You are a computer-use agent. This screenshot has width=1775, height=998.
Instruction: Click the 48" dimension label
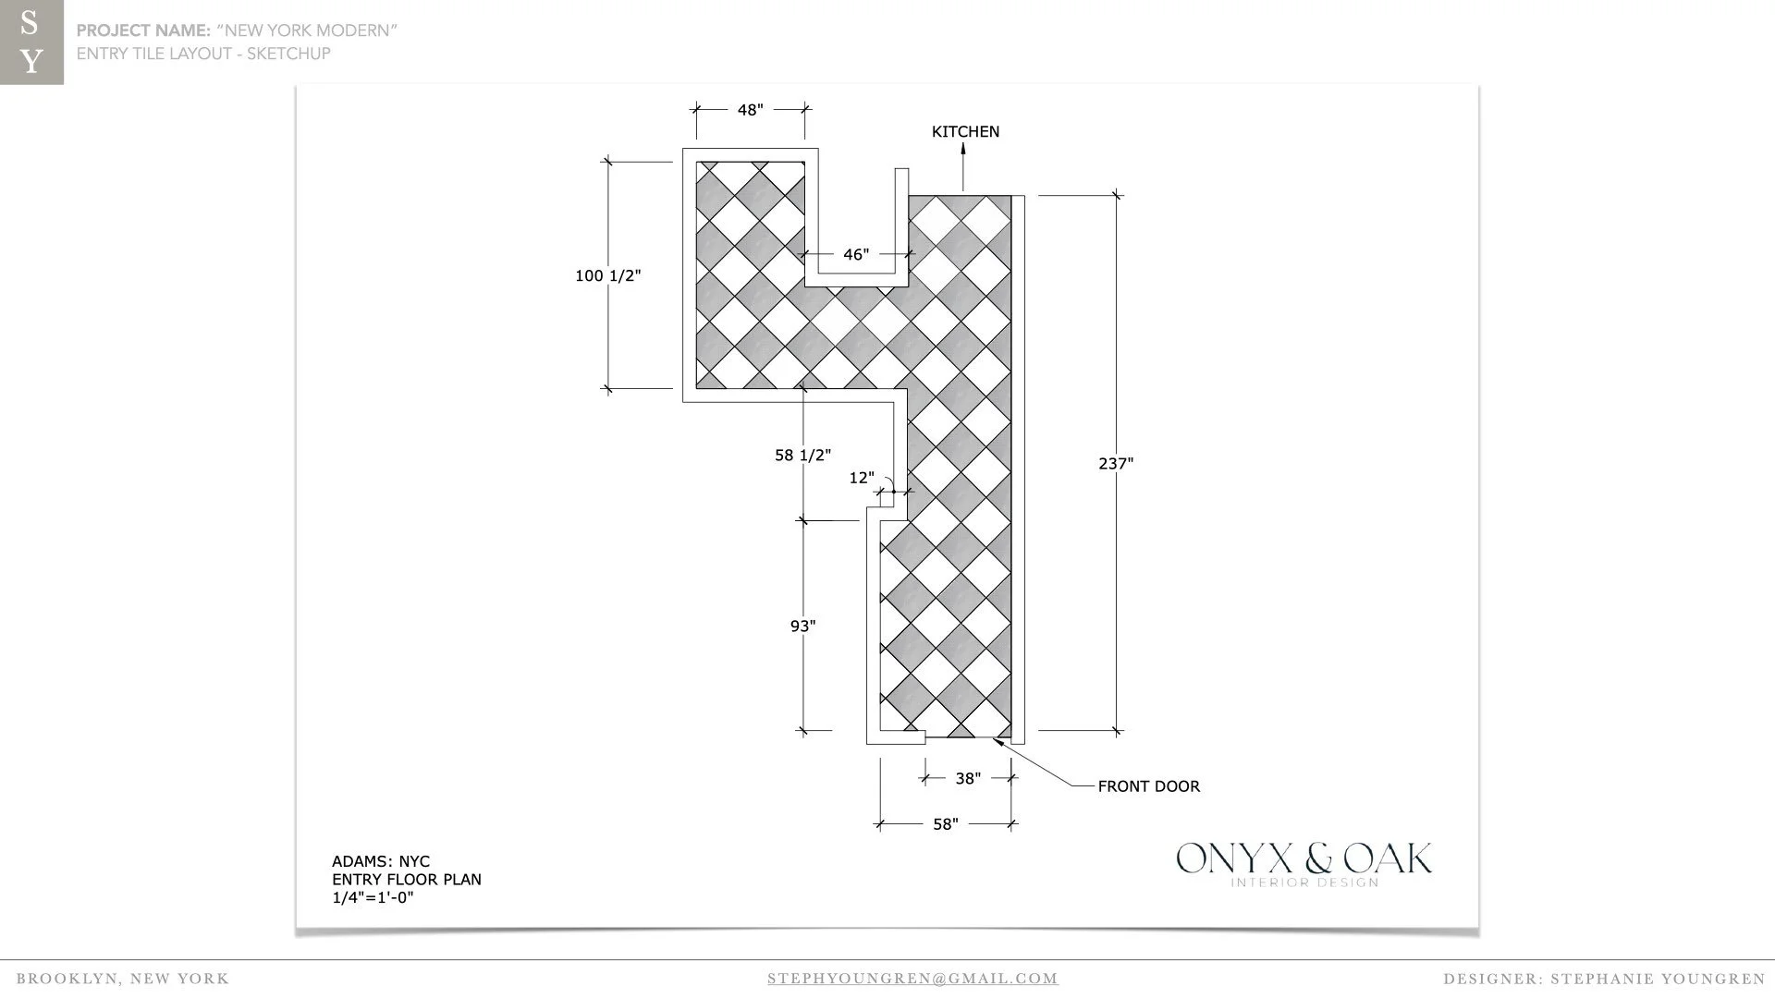tap(750, 110)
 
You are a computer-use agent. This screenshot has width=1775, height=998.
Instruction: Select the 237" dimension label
tap(1116, 463)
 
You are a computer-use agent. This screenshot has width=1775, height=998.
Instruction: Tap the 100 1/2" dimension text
tap(607, 275)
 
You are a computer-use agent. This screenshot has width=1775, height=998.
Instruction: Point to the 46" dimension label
tap(856, 254)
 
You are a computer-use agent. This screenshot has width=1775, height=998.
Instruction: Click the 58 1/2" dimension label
tap(802, 455)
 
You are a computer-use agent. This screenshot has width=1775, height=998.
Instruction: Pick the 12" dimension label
tap(861, 478)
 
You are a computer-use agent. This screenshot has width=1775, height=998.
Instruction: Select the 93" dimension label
tap(802, 626)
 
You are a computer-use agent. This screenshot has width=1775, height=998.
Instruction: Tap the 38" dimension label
tap(967, 778)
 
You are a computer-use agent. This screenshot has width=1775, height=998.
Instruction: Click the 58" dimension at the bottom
tap(945, 823)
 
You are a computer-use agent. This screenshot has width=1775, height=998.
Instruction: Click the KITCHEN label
tap(965, 131)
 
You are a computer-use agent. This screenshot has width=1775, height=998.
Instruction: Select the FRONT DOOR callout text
tap(1148, 786)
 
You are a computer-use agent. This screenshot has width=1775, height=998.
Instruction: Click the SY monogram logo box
tap(31, 43)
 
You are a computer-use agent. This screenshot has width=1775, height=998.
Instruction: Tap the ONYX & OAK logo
tap(1304, 863)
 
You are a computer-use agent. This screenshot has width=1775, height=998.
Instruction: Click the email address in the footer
tap(912, 979)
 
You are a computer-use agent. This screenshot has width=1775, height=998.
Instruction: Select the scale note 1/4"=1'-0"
tap(373, 897)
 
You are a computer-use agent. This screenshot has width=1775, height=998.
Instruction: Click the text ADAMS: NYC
tap(381, 861)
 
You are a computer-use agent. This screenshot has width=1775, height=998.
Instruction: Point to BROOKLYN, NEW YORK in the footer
tap(123, 979)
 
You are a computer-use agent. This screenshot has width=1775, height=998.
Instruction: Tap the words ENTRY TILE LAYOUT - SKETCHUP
tap(203, 54)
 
